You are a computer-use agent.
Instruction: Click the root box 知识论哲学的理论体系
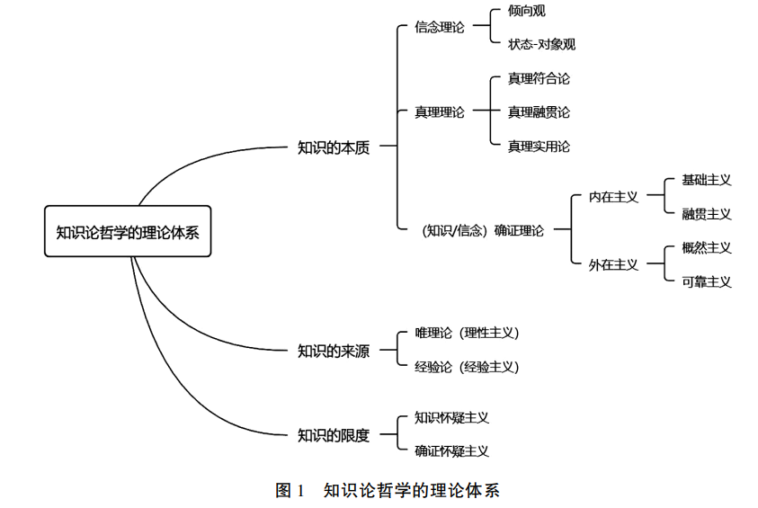pyautogui.click(x=128, y=231)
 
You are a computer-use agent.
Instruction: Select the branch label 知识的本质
pyautogui.click(x=334, y=147)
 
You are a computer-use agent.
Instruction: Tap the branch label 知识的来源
pyautogui.click(x=334, y=351)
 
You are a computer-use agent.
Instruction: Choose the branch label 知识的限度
pyautogui.click(x=334, y=435)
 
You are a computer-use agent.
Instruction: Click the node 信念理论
pyautogui.click(x=440, y=28)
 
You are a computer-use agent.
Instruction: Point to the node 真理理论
pyautogui.click(x=440, y=112)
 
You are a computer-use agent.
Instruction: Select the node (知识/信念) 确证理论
pyautogui.click(x=483, y=231)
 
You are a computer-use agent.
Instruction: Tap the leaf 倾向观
pyautogui.click(x=527, y=11)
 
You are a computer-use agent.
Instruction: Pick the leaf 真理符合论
pyautogui.click(x=539, y=79)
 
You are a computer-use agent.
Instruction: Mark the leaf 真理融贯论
pyautogui.click(x=539, y=112)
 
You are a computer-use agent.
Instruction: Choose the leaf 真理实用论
pyautogui.click(x=539, y=146)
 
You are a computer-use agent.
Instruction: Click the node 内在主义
pyautogui.click(x=613, y=197)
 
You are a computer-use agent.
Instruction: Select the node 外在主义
pyautogui.click(x=613, y=264)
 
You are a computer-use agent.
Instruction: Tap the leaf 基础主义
pyautogui.click(x=707, y=180)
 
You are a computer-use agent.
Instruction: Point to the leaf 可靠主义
pyautogui.click(x=707, y=281)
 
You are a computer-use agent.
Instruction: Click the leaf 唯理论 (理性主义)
pyautogui.click(x=467, y=333)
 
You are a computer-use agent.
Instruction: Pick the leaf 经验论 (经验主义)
pyautogui.click(x=467, y=367)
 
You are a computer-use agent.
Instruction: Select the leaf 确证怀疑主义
pyautogui.click(x=452, y=451)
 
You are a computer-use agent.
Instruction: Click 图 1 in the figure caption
pyautogui.click(x=290, y=491)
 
